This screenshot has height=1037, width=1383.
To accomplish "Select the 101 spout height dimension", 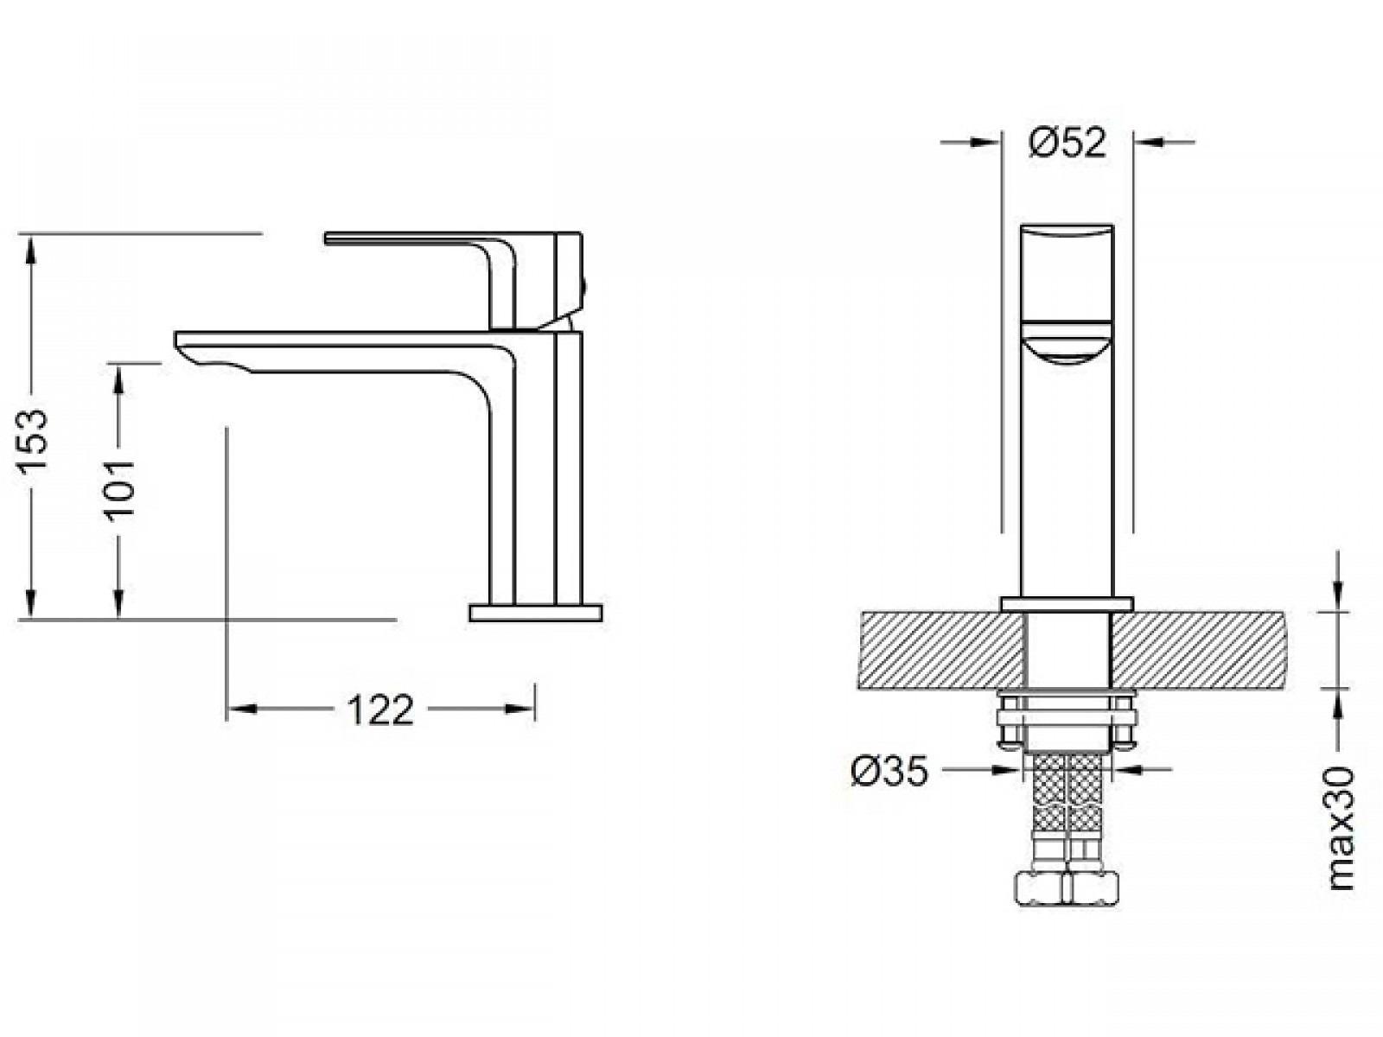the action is [x=119, y=491].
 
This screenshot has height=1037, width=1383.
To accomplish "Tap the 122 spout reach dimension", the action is [x=380, y=709].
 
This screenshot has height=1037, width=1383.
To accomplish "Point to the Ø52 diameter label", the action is [x=1068, y=143].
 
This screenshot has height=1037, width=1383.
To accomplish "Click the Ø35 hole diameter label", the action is [x=889, y=770].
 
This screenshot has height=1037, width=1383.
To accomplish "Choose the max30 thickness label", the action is [x=1340, y=828].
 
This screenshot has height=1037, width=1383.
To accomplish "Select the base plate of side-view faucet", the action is [x=536, y=613].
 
